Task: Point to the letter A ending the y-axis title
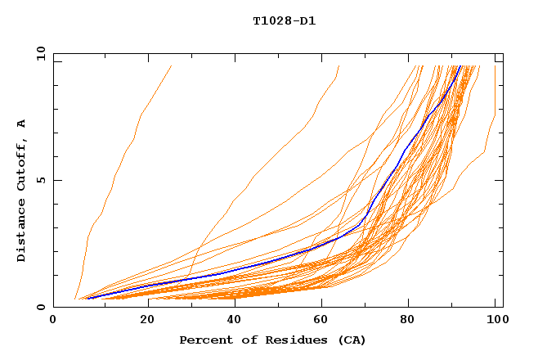[x=21, y=124]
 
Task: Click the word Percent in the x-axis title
[x=203, y=340]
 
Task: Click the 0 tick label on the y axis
[x=41, y=307]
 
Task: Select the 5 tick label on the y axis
[x=41, y=180]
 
